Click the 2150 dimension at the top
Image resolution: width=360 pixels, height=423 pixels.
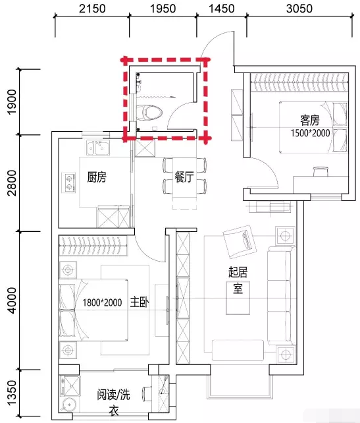click(92, 9)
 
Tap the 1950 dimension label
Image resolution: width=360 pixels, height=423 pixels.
click(163, 9)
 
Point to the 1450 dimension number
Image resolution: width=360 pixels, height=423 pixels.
click(222, 9)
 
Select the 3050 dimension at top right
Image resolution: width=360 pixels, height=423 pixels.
click(299, 9)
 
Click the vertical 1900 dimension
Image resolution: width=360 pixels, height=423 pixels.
click(12, 102)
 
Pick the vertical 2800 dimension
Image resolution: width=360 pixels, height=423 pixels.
click(12, 183)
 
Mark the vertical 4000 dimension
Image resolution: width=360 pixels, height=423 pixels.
click(12, 300)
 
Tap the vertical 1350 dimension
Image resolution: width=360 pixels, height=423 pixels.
click(12, 393)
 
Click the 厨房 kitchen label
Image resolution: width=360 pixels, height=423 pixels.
click(97, 177)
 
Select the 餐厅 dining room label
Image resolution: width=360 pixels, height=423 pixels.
click(184, 177)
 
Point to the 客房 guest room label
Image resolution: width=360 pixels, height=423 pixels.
click(310, 121)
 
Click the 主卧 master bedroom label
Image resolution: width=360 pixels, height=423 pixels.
click(140, 302)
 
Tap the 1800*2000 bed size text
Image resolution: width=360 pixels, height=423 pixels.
click(102, 302)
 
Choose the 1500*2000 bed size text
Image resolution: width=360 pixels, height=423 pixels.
click(310, 133)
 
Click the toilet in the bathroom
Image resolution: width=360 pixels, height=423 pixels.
click(149, 113)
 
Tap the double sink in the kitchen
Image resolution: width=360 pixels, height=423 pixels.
click(98, 148)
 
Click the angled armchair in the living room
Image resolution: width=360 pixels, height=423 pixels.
click(240, 241)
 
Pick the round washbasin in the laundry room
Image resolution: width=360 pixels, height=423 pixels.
click(70, 405)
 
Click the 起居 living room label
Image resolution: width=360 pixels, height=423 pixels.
click(238, 272)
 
